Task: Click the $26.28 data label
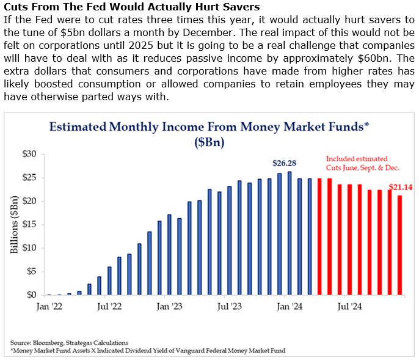tap(285, 163)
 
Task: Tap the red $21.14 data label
tap(401, 187)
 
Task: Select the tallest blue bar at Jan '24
tap(290, 233)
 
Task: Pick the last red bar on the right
tap(399, 245)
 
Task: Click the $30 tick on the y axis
tap(29, 154)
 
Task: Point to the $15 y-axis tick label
tap(29, 224)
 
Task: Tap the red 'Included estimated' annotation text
tap(356, 158)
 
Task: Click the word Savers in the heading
tap(236, 7)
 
